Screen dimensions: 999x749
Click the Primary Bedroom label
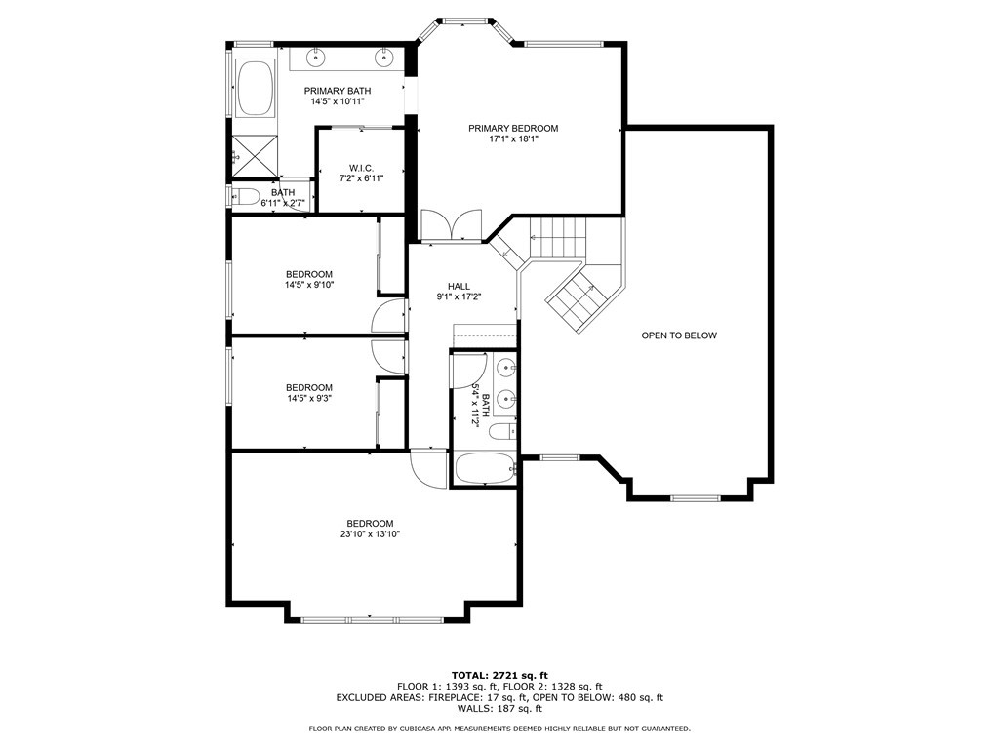point(513,128)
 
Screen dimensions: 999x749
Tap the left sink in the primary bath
point(315,58)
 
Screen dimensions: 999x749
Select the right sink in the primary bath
point(384,58)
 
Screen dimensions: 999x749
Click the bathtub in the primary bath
point(256,88)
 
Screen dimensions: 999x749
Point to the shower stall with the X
point(255,156)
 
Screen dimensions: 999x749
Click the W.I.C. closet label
point(361,168)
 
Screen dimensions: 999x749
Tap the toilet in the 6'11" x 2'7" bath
point(245,196)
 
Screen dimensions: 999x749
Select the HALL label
point(459,287)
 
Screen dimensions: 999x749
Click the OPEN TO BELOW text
point(679,335)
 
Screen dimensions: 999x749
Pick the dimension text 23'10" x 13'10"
point(370,534)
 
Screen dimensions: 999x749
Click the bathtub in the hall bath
point(486,469)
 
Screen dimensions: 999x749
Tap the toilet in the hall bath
point(502,432)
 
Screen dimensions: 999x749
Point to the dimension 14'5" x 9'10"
point(309,285)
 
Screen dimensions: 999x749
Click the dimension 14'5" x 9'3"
point(309,398)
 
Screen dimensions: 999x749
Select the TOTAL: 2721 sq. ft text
point(499,675)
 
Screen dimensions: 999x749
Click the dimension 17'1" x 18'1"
point(513,138)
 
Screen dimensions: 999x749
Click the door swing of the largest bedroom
point(430,469)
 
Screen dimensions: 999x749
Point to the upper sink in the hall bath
point(507,368)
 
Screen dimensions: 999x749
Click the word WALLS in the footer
point(475,708)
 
